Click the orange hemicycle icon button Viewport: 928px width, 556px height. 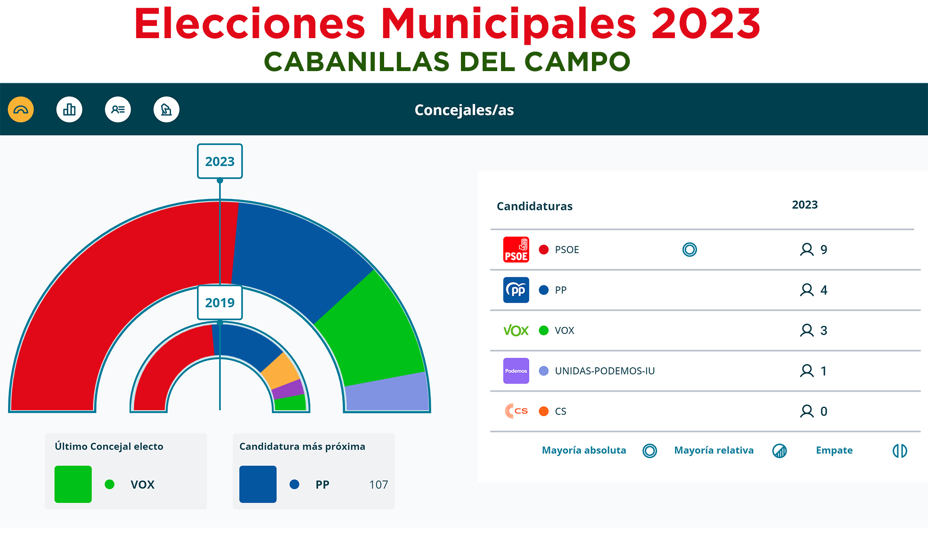click(21, 110)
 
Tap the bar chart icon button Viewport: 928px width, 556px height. click(69, 110)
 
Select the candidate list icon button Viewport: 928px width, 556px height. click(118, 110)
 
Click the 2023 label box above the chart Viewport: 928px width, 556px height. click(220, 161)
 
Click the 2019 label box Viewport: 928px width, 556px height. click(220, 303)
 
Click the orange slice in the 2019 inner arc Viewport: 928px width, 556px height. click(280, 370)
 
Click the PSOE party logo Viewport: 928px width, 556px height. click(516, 250)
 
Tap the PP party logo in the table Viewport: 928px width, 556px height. click(516, 290)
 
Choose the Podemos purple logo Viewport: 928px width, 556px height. click(516, 371)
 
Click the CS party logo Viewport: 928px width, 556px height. click(516, 411)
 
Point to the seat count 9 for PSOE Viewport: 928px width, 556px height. click(823, 250)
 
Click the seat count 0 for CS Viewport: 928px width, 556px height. click(823, 411)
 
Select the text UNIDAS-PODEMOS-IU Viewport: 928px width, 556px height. click(605, 371)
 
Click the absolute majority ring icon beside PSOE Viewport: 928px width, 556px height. click(690, 250)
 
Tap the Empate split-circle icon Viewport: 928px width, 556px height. click(899, 451)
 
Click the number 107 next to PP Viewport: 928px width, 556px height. click(378, 484)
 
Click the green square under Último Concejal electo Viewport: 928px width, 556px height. click(73, 484)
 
